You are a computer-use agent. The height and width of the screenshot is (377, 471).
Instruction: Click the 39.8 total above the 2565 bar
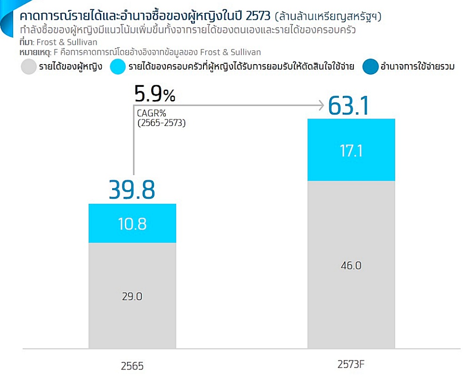tap(132, 190)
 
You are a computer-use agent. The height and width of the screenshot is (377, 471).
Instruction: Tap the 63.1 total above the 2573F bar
tap(349, 106)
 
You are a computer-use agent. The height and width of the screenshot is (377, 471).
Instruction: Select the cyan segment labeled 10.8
tap(132, 223)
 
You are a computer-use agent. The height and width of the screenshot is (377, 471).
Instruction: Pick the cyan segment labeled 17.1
tap(351, 150)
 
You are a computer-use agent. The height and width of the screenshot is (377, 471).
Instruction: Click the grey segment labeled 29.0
tap(132, 296)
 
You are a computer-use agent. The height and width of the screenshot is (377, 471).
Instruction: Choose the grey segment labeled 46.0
tap(351, 265)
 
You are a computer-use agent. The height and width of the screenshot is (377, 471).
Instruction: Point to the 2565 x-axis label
tap(132, 366)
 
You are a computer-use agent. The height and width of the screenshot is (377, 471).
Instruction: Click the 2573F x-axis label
tap(351, 364)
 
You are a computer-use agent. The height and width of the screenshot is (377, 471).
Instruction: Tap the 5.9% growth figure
tap(154, 93)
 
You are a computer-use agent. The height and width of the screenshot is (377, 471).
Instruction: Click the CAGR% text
tap(151, 113)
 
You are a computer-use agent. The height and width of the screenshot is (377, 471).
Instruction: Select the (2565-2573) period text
tap(162, 123)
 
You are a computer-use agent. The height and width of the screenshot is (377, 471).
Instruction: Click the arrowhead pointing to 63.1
tap(321, 105)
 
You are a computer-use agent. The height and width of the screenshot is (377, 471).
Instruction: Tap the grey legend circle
tap(29, 67)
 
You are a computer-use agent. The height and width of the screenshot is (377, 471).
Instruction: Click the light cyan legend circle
tap(117, 67)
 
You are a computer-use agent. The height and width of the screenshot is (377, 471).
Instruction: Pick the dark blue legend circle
tap(370, 67)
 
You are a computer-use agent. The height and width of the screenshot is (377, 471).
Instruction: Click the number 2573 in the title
tap(258, 16)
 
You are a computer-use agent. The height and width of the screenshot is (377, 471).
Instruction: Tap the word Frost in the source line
tap(46, 42)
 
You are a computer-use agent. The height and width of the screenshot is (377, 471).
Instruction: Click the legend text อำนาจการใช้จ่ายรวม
tap(417, 66)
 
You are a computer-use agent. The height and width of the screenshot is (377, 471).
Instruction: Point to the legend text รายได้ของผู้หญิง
tap(71, 66)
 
